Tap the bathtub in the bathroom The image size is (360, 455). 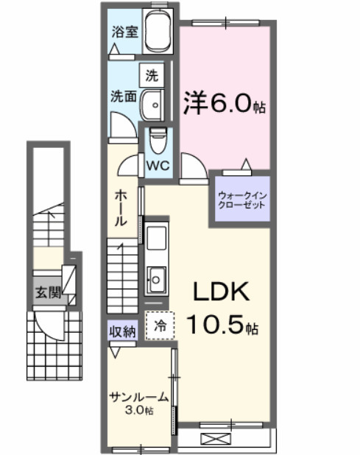coord(158,32)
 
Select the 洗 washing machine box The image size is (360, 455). coord(152,74)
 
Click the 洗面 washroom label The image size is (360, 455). coord(122,96)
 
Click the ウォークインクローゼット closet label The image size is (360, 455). coord(241,200)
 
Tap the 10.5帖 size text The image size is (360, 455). coord(221,324)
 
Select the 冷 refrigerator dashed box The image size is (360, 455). coord(160,323)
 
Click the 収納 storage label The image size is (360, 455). coord(123,331)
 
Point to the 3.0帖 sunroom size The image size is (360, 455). coord(138,410)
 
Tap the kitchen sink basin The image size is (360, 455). coord(157,279)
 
